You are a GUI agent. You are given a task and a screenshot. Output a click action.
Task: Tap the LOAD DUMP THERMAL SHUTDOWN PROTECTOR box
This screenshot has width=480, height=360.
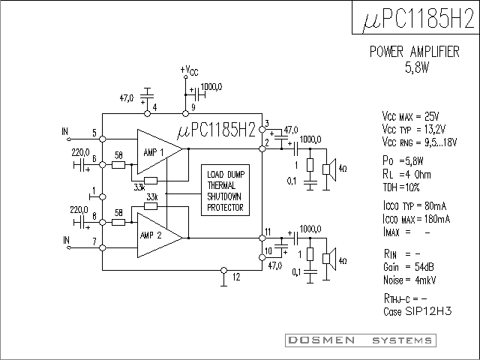tap(225, 190)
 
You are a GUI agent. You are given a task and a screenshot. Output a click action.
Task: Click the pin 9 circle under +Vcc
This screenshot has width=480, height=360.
tap(185, 113)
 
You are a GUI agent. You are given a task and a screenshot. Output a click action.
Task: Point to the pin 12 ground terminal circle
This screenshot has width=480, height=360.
tap(224, 270)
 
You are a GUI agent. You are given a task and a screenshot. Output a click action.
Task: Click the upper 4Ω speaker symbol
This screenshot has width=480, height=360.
tap(329, 169)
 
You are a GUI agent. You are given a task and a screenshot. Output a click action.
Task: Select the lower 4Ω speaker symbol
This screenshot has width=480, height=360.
tap(329, 259)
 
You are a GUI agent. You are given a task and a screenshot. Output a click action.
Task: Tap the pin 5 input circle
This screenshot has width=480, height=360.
tap(103, 139)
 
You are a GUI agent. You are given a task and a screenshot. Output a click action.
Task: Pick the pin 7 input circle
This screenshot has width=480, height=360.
tap(103, 247)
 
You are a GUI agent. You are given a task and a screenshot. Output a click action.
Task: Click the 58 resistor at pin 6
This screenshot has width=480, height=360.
tap(118, 165)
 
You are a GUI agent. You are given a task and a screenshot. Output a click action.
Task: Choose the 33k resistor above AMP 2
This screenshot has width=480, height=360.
tap(151, 206)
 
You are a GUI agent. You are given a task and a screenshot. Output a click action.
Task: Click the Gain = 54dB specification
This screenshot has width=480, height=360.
tap(408, 267)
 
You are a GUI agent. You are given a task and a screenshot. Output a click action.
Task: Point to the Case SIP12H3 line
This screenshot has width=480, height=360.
tap(418, 311)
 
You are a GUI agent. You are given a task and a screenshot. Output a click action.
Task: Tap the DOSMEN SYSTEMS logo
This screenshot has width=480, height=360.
tap(361, 340)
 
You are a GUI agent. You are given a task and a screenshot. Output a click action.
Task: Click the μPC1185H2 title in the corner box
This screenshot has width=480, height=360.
tap(418, 18)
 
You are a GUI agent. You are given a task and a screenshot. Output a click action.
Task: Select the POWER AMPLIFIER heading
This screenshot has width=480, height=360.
tap(415, 52)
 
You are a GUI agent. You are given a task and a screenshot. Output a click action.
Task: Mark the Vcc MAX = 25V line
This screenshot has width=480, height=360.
tap(410, 116)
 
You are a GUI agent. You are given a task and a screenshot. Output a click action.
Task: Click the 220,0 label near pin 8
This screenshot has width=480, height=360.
tap(79, 210)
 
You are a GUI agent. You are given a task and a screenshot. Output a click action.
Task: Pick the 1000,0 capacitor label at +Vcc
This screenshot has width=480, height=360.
tap(211, 87)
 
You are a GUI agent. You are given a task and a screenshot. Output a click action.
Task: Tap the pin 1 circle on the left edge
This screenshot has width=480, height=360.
tap(103, 196)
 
